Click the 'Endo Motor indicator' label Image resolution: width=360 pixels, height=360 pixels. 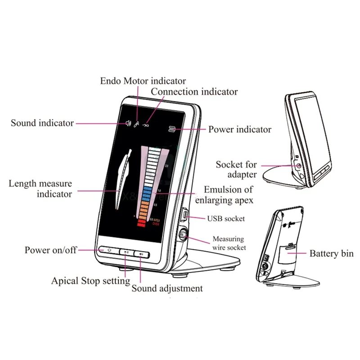[143, 81]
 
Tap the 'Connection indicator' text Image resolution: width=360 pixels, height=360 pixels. [194, 92]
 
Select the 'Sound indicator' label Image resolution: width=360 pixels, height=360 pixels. [42, 123]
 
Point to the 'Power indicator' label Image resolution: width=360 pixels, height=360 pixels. [240, 130]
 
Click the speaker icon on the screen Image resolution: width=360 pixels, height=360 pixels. [129, 122]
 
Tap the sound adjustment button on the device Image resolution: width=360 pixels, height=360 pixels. [141, 254]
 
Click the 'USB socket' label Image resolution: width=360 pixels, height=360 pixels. [226, 219]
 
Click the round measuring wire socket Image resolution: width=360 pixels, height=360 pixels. [183, 235]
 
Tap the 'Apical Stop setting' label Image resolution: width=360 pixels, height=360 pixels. [90, 281]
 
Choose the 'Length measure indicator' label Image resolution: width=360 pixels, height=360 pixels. [40, 189]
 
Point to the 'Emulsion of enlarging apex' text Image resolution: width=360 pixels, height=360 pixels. [228, 194]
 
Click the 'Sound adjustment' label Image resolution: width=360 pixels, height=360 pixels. [167, 288]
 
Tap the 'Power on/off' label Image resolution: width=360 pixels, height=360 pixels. [50, 250]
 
